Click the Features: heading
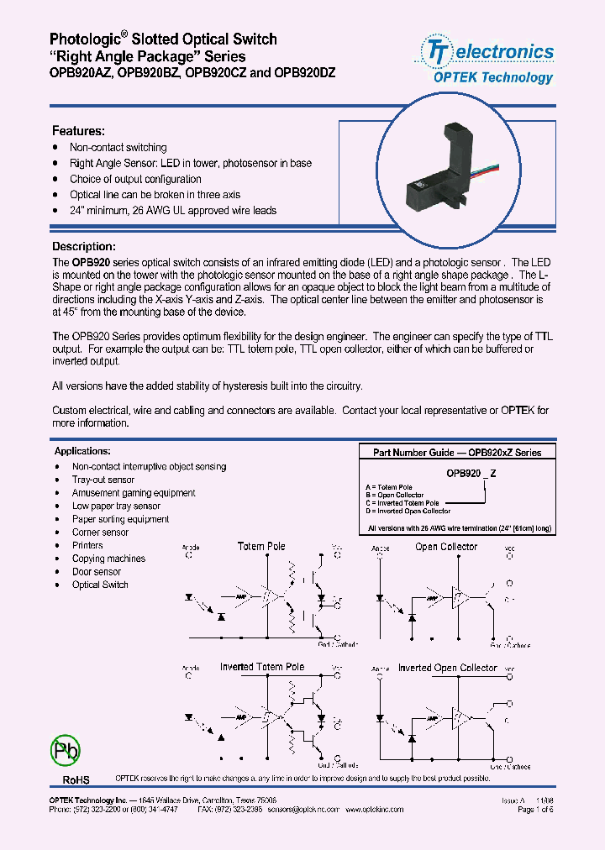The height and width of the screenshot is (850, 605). coord(78,131)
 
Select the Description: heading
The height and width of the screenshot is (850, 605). coord(83,246)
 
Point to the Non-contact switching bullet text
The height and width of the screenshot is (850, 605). coord(118,147)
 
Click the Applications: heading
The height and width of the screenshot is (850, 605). coord(82,451)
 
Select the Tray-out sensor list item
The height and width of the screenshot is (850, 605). coord(103,480)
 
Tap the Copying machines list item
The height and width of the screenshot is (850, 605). coord(108,559)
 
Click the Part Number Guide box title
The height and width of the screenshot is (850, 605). coord(457,452)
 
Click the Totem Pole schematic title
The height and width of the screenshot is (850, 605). coord(261,547)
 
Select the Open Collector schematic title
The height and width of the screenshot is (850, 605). coord(445,547)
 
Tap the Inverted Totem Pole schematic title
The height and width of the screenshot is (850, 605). coord(262,667)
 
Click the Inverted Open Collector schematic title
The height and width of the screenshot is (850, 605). coord(447,668)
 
